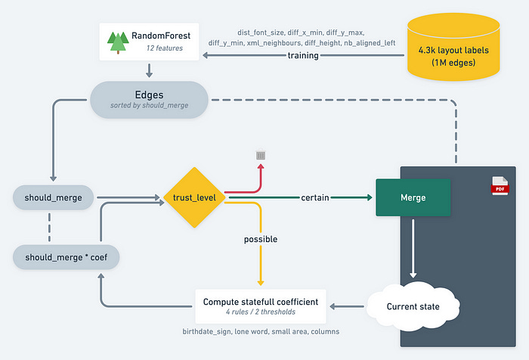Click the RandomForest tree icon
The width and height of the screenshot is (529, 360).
[118, 42]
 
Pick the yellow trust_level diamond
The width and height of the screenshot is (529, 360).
[195, 198]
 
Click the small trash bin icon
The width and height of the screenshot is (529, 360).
[259, 155]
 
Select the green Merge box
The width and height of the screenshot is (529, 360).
[413, 197]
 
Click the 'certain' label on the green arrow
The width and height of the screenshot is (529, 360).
[315, 198]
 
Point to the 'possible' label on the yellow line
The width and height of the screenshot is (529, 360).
[260, 239]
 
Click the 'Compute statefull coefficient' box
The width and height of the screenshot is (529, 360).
[260, 307]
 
